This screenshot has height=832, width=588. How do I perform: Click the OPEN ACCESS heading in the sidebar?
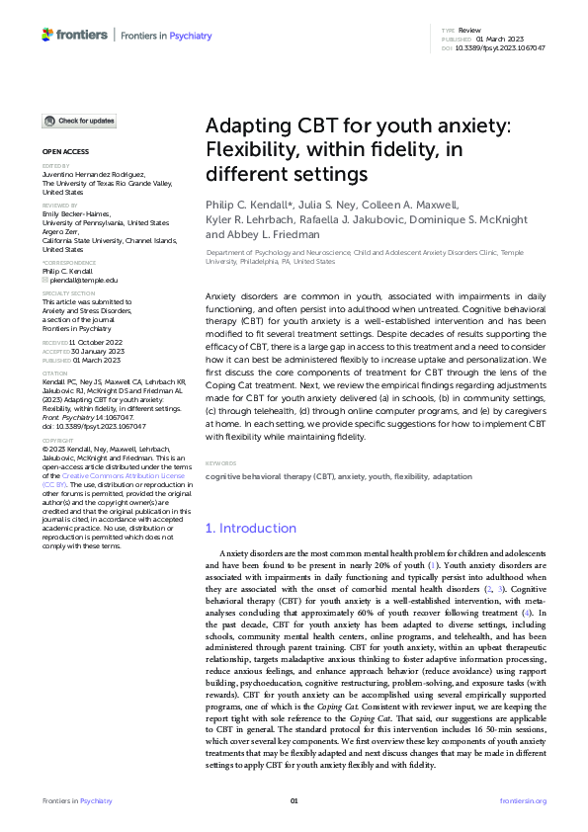click(64, 151)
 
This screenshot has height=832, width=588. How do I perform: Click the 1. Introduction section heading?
click(250, 529)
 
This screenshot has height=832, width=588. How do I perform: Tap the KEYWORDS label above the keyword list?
click(220, 463)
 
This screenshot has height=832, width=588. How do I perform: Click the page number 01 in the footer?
click(294, 800)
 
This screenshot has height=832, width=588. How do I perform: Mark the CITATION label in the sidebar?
click(54, 373)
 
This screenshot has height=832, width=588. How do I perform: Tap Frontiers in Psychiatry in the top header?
click(166, 36)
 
